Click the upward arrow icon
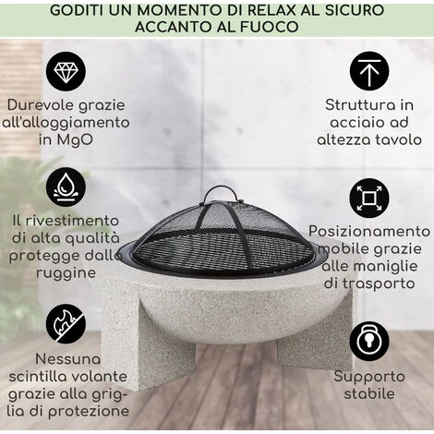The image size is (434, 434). click(x=369, y=70)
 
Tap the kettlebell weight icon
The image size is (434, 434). click(x=369, y=341)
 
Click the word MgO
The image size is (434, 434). click(x=80, y=140)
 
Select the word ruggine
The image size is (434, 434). click(x=66, y=273)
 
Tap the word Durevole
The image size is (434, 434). click(x=42, y=104)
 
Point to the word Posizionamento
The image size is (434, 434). click(x=369, y=231)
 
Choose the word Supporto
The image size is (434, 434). click(x=369, y=376)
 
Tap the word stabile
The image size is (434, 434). click(x=369, y=393)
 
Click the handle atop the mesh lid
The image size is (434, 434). click(x=219, y=193)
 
